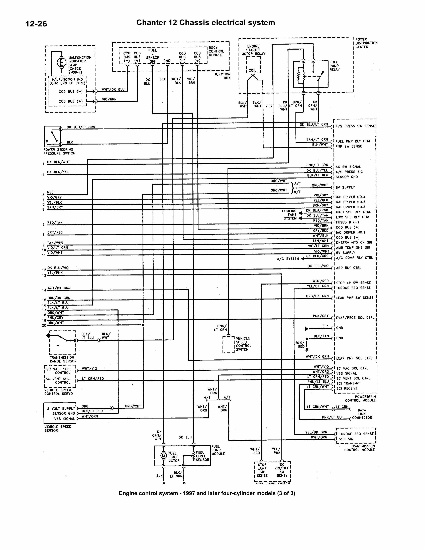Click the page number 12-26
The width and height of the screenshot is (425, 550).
(36, 24)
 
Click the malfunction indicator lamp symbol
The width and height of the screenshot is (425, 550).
(61, 62)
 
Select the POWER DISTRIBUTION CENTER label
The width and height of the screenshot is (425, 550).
(366, 43)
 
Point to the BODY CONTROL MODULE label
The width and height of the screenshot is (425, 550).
(216, 51)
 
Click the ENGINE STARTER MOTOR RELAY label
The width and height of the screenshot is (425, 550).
(253, 50)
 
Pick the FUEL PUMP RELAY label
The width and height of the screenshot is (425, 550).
(334, 66)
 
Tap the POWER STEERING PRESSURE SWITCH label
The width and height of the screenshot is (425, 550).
(59, 151)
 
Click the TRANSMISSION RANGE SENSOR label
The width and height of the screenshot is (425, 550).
(63, 359)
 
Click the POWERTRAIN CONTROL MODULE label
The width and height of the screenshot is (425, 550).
(360, 398)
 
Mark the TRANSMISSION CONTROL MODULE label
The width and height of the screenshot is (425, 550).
(360, 448)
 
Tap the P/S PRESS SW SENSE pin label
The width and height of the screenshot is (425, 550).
(355, 126)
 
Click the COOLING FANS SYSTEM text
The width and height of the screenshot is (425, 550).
(290, 215)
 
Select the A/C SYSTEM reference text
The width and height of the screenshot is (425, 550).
(288, 259)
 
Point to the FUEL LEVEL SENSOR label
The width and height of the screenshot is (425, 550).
(202, 456)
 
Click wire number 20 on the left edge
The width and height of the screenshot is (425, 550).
(44, 325)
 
